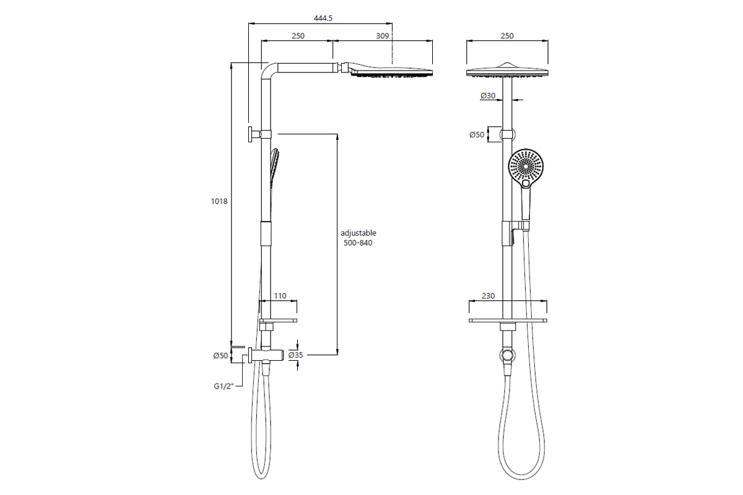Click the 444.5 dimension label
click(x=323, y=19)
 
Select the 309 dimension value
click(x=383, y=37)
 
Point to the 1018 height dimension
click(x=220, y=201)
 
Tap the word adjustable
click(x=358, y=233)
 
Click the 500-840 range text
click(x=358, y=243)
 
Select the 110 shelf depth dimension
click(x=280, y=296)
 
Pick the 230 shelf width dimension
click(x=489, y=296)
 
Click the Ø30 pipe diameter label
click(x=488, y=96)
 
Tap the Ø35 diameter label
click(x=295, y=355)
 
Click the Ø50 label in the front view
click(x=476, y=134)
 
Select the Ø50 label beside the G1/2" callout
click(x=220, y=355)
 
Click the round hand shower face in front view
click(x=525, y=166)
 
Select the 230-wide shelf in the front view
click(x=508, y=321)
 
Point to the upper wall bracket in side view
click(x=255, y=134)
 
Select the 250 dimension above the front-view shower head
click(x=507, y=37)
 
